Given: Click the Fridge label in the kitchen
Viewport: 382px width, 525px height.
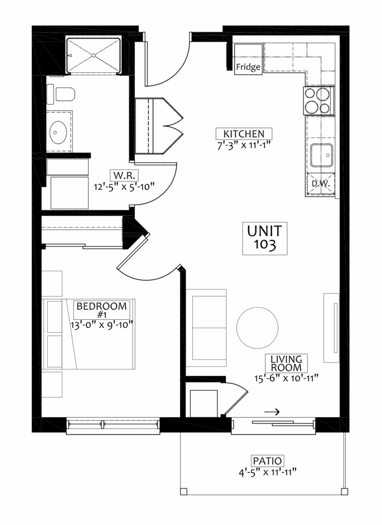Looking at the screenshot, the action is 248,67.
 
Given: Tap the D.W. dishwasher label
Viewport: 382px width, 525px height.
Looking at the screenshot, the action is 321,184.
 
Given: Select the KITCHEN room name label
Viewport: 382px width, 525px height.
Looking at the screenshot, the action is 244,134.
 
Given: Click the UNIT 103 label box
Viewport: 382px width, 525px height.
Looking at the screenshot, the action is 265,238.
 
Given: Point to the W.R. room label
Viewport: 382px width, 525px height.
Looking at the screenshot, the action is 124,175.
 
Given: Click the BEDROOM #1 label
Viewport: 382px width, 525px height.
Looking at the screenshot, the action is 102,310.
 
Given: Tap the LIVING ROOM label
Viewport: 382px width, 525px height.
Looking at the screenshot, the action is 286,364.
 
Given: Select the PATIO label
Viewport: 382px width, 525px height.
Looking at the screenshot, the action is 267,461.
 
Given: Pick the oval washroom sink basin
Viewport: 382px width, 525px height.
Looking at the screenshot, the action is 58,132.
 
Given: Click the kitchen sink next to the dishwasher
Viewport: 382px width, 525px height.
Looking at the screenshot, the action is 321,155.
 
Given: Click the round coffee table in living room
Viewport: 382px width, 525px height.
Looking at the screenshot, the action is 257,328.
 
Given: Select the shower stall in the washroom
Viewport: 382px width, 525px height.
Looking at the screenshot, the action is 93,55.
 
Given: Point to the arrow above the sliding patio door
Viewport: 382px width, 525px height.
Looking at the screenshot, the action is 272,412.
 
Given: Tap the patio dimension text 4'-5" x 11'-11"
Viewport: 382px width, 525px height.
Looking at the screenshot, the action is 268,472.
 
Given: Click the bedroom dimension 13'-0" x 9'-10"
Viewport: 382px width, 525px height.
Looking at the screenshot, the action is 102,325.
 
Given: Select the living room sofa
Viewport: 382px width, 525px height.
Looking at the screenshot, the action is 206,325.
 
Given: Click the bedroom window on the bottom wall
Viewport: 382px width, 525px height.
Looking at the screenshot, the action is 113,425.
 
